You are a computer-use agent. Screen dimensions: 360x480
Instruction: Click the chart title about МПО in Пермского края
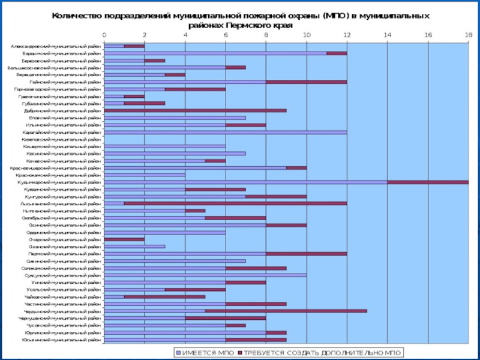pos(240,21)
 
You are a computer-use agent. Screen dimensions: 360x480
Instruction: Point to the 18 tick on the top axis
pos(468,35)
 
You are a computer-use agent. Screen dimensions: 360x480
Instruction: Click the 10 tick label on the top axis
pos(306,35)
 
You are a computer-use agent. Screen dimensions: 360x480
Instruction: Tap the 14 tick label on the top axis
pos(387,35)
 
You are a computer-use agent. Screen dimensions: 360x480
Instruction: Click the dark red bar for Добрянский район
pos(195,110)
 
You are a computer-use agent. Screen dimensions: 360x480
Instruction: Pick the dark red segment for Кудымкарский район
pos(427,182)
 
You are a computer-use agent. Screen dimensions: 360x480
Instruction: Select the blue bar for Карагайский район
pos(225,132)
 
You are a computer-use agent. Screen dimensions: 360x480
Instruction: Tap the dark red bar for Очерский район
pos(124,239)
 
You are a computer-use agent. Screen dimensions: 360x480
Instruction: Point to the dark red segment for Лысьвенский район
pos(235,203)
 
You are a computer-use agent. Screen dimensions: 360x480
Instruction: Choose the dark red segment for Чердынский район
pos(286,311)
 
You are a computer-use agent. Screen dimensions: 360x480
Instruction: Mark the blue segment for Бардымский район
pos(215,53)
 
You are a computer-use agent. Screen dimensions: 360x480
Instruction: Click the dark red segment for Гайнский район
pos(306,82)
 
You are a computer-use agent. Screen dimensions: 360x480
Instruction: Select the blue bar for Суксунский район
pos(205,275)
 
